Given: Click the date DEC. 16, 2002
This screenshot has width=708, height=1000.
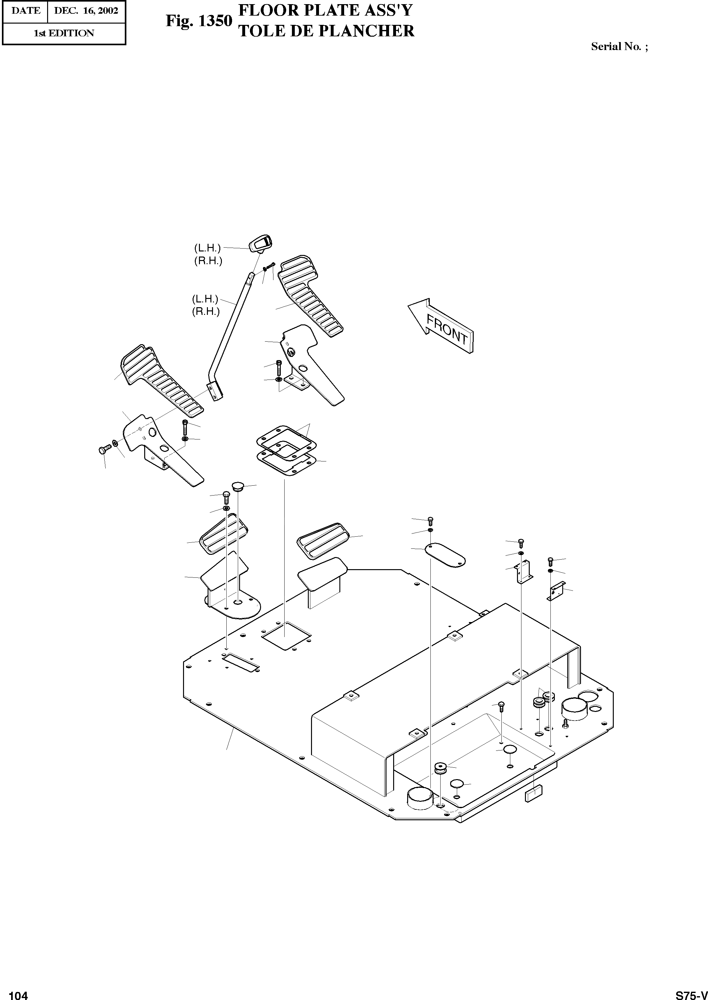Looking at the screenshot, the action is [x=86, y=11].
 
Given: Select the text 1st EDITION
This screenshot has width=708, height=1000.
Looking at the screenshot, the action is [x=64, y=33].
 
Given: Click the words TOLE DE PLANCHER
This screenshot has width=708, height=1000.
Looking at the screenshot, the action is [x=327, y=31].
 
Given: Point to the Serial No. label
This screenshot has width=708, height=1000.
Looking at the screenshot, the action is [x=619, y=47].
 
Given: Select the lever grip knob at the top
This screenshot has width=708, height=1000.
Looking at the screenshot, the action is [x=261, y=243].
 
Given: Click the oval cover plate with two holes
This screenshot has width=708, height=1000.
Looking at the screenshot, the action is [x=445, y=554].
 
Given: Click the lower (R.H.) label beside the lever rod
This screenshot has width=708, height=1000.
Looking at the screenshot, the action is [x=206, y=312].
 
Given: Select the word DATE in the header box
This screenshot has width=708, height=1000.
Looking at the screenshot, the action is [x=25, y=11].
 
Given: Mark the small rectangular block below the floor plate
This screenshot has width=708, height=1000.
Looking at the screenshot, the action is [x=534, y=793].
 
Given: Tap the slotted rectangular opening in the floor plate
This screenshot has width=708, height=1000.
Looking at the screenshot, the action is [x=241, y=663].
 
